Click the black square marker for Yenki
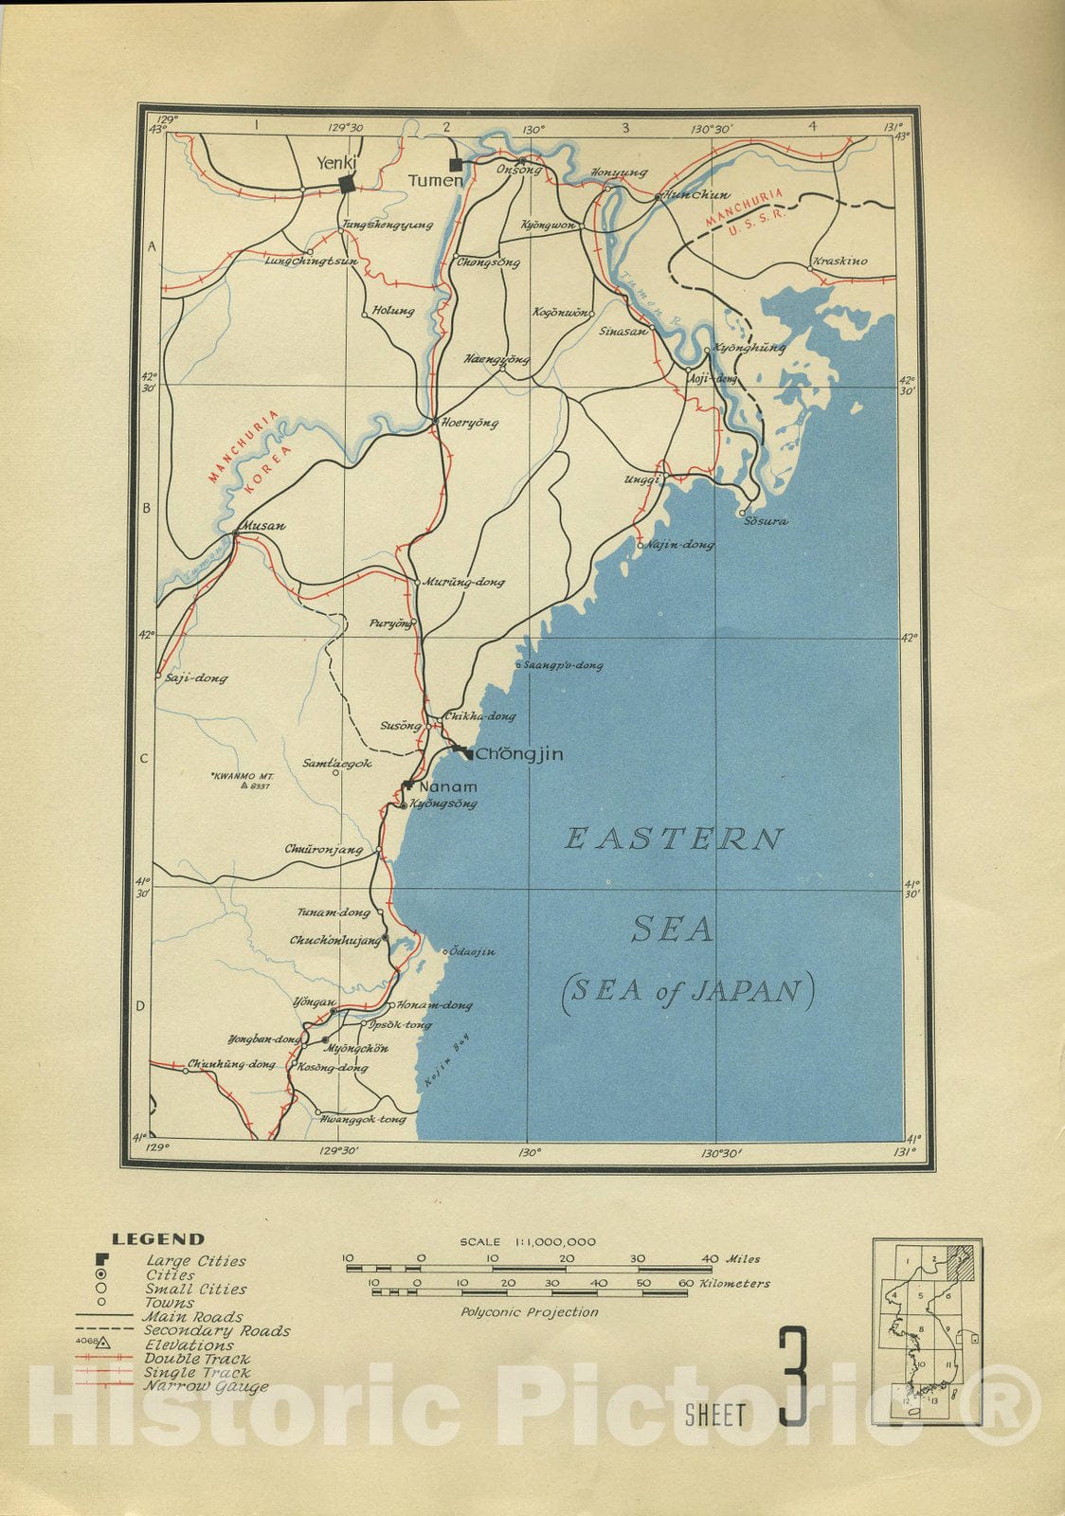348,185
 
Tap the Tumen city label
435,180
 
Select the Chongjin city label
518,755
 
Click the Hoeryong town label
470,424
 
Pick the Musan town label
264,526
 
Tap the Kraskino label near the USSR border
839,262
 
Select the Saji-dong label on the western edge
196,678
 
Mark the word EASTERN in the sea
675,839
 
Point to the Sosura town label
766,522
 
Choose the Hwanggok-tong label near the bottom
364,1119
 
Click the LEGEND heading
157,1238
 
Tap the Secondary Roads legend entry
216,1331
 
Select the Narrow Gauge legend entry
207,1386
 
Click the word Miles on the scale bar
743,1259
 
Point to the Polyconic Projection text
530,1312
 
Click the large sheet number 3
793,1378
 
